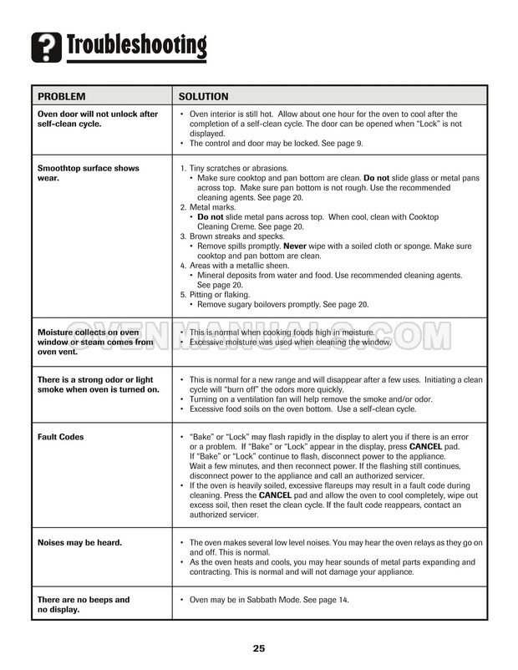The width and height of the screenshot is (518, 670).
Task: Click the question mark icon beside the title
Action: [46, 47]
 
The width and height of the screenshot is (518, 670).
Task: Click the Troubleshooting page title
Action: [135, 46]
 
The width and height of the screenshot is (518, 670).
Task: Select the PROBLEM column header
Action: [62, 96]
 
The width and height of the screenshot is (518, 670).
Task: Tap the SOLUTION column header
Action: [204, 96]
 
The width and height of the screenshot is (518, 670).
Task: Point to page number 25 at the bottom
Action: [259, 648]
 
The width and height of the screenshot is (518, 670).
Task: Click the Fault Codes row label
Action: [61, 437]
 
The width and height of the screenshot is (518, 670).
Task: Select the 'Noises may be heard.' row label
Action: [80, 542]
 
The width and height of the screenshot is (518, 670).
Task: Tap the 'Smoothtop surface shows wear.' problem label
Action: [89, 173]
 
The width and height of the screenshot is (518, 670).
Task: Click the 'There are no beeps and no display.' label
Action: [84, 604]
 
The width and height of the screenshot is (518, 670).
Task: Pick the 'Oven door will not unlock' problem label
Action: [97, 119]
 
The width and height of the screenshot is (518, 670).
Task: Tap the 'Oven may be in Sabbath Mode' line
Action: [267, 600]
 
